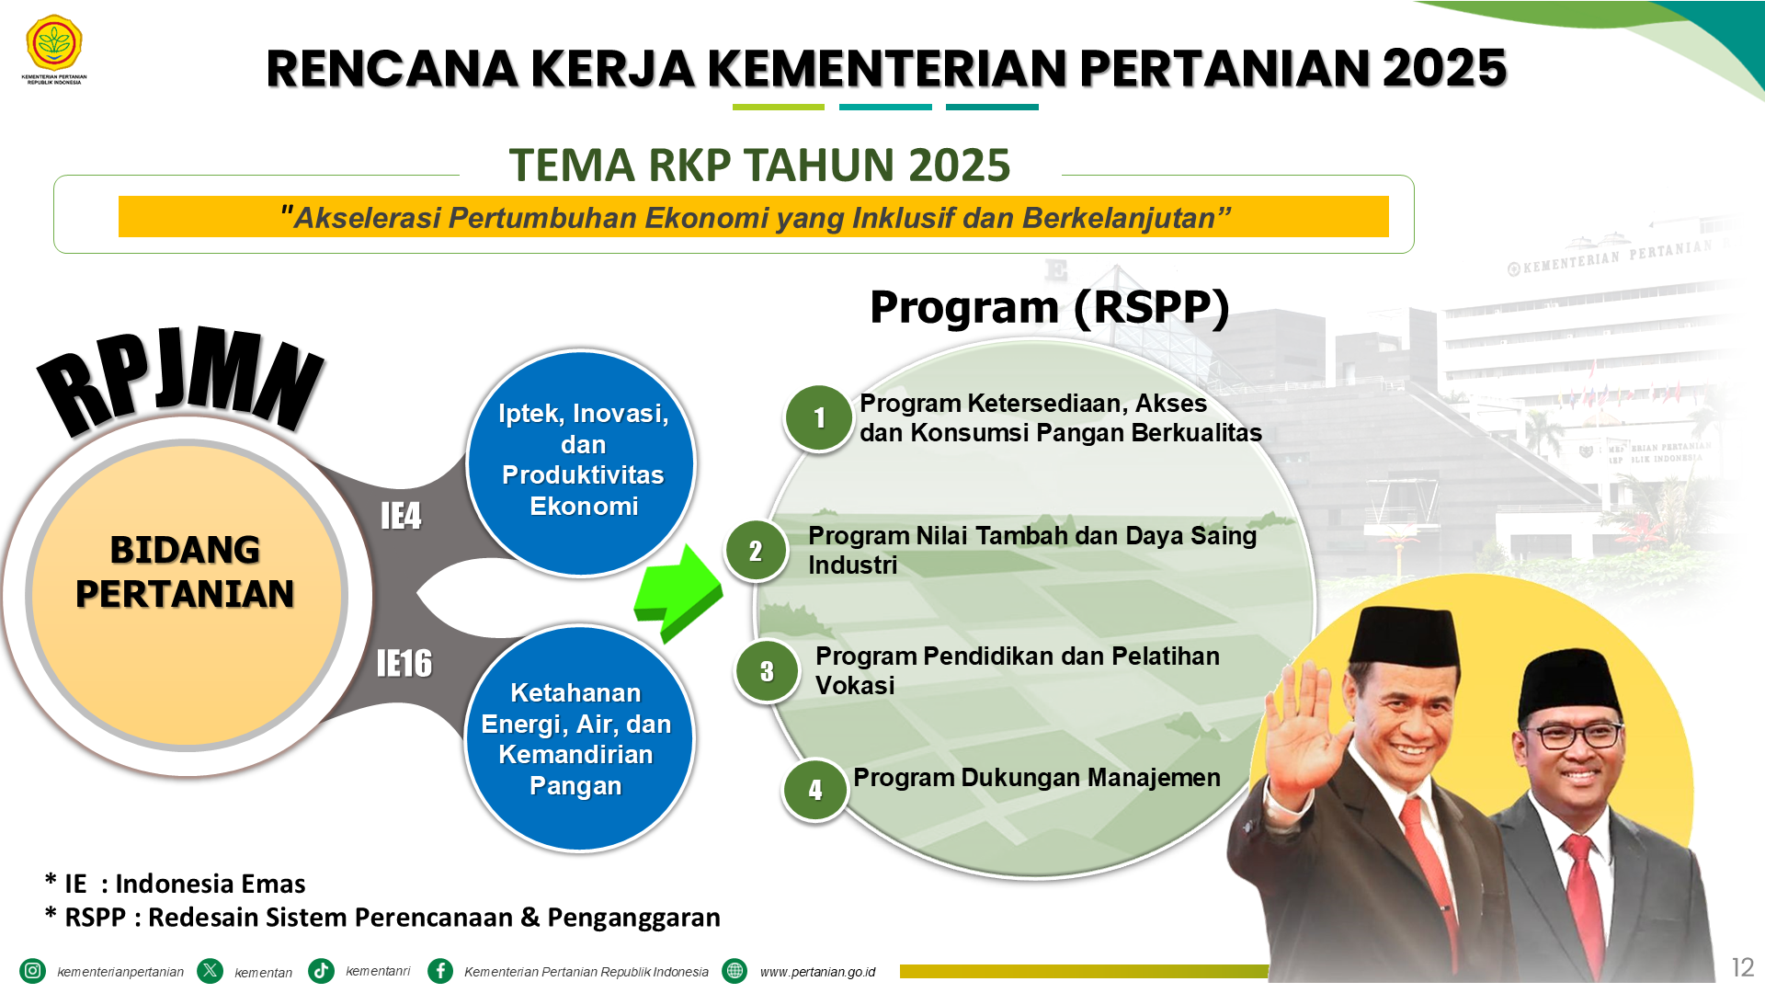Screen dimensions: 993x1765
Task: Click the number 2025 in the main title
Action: [x=1444, y=68]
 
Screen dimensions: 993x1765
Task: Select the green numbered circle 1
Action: [x=818, y=418]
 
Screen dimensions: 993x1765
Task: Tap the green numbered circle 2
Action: [x=756, y=551]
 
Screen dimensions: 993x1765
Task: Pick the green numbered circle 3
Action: [x=767, y=671]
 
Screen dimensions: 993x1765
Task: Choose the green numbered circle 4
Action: [x=814, y=790]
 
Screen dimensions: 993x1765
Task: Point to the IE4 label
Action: [x=401, y=516]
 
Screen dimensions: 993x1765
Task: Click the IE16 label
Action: [x=404, y=663]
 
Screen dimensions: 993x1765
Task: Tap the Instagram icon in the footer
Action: [x=32, y=971]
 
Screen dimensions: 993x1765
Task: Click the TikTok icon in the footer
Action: [x=321, y=971]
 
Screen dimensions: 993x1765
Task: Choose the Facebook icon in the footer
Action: [x=440, y=971]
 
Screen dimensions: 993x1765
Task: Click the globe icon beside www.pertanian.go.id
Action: [x=734, y=971]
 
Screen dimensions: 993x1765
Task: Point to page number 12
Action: [x=1742, y=967]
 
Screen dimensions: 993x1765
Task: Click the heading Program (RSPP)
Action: [x=1049, y=307]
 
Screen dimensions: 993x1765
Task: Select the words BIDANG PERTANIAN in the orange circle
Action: [x=185, y=572]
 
